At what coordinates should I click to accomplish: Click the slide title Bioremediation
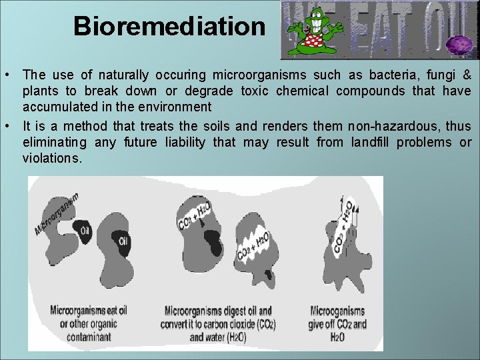click(169, 26)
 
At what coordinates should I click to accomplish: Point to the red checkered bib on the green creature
click(311, 42)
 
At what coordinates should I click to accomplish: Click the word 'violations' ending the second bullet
click(51, 158)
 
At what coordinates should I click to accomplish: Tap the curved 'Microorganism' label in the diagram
click(57, 213)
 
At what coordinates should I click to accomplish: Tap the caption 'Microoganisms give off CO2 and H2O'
click(338, 323)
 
